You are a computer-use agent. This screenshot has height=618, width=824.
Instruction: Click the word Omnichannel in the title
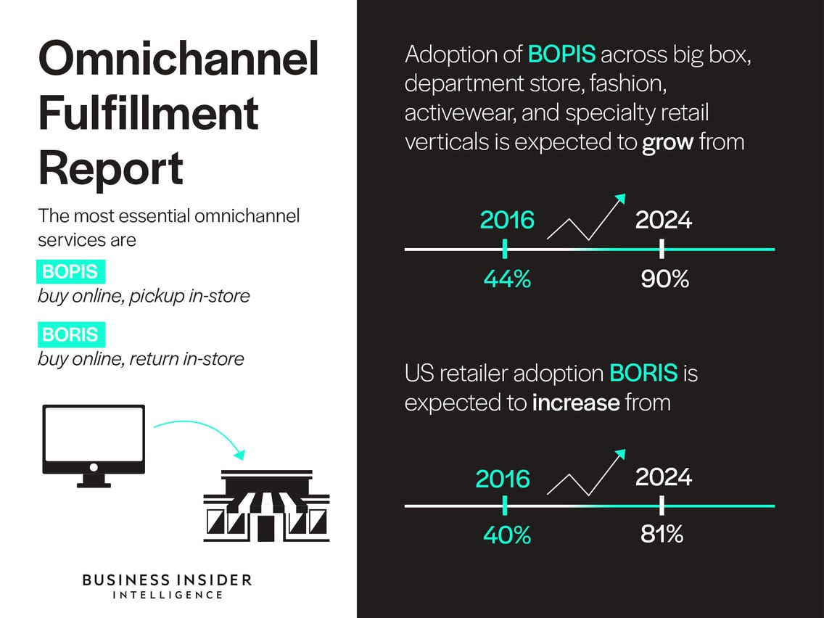[178, 58]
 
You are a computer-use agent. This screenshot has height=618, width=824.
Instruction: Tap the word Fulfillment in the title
[149, 113]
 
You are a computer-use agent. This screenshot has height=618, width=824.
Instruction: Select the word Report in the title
[111, 169]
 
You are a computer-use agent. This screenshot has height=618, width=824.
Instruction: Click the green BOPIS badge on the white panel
[71, 272]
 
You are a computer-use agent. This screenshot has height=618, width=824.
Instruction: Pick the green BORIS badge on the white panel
[71, 335]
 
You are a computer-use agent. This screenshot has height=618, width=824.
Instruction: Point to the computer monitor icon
[94, 445]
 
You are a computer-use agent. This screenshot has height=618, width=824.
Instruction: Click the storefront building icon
[266, 506]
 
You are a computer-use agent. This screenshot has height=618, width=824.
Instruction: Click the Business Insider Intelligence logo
[167, 586]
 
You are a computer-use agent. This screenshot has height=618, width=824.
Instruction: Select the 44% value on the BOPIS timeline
[507, 279]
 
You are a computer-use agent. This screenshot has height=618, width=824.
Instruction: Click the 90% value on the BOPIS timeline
[664, 279]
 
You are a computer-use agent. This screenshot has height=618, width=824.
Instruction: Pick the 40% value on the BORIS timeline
[507, 535]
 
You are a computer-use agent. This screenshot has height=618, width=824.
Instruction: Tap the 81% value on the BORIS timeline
[662, 534]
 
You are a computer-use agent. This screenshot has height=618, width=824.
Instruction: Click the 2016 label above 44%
[507, 220]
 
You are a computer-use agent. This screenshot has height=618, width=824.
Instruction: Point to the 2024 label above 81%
[664, 477]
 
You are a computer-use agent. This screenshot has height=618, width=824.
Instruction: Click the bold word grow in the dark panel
[667, 142]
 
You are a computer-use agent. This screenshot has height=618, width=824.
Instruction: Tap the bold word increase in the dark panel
[576, 403]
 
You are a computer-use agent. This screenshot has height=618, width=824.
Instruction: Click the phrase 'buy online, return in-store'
[141, 360]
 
